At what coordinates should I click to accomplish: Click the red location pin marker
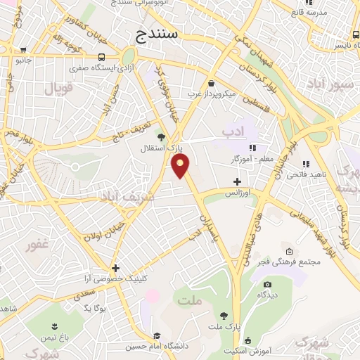click(x=181, y=166)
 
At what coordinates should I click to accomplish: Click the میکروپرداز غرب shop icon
click(x=211, y=83)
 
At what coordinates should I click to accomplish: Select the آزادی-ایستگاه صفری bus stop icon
click(x=103, y=57)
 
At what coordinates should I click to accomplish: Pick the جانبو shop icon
click(x=24, y=50)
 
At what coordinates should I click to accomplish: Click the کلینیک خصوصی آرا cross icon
click(x=115, y=268)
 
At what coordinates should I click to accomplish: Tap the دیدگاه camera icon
click(x=267, y=284)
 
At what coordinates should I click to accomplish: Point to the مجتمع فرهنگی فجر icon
click(x=289, y=251)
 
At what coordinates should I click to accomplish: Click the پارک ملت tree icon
click(x=224, y=316)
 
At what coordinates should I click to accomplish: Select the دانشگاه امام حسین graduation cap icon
click(x=158, y=335)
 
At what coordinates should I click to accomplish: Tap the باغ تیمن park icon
click(x=52, y=325)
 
